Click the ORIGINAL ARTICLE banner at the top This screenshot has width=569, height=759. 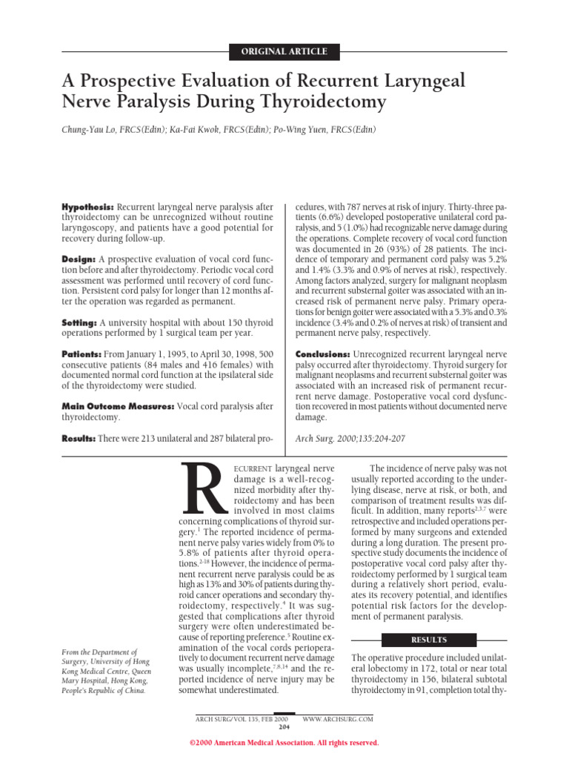pyautogui.click(x=284, y=52)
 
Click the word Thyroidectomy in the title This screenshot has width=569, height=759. pyautogui.click(x=319, y=102)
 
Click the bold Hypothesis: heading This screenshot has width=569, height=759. pyautogui.click(x=87, y=205)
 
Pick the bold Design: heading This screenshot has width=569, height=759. pyautogui.click(x=78, y=259)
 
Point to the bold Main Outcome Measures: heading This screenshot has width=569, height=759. pyautogui.click(x=118, y=407)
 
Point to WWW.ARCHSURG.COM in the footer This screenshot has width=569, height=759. pyautogui.click(x=338, y=719)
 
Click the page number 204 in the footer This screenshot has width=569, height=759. pyautogui.click(x=284, y=726)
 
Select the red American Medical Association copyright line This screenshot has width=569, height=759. pyautogui.click(x=284, y=743)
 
